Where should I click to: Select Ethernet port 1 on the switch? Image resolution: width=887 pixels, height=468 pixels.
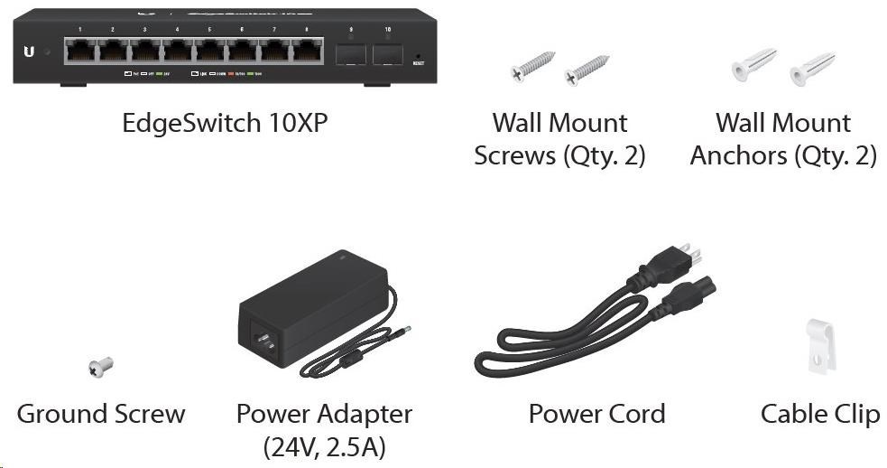pos(80,51)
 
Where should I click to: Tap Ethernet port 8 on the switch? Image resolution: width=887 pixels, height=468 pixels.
pos(307,51)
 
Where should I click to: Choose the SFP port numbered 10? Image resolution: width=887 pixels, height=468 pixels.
pos(387,52)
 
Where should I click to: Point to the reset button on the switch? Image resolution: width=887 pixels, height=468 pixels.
pos(418,55)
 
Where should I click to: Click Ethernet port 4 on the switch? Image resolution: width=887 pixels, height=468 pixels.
pos(178,51)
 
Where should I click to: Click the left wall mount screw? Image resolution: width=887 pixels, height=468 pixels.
pos(533,65)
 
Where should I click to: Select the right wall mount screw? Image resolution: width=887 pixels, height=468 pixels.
pos(586,70)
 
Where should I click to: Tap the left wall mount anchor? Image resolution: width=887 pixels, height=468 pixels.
pos(753,64)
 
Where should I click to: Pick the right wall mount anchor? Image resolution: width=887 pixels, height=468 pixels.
pos(811,69)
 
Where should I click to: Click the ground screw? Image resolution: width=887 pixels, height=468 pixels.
pos(99,366)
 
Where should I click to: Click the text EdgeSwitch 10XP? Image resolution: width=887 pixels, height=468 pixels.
pos(225,124)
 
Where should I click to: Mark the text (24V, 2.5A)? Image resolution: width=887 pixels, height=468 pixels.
pos(324,445)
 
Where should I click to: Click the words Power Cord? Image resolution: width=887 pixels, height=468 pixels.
pos(596,414)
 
